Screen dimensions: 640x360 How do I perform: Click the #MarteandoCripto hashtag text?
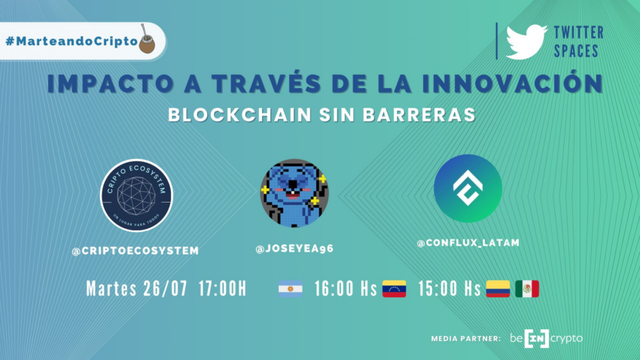pyautogui.click(x=72, y=41)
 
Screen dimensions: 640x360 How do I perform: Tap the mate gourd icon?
pyautogui.click(x=147, y=39)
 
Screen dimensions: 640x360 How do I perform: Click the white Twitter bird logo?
pyautogui.click(x=526, y=42)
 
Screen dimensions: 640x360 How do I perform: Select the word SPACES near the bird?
pyautogui.click(x=576, y=51)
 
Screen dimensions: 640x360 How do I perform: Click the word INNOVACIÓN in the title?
pyautogui.click(x=512, y=84)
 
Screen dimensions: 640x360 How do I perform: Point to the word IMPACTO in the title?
pyautogui.click(x=110, y=84)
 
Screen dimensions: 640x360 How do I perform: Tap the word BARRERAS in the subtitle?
pyautogui.click(x=419, y=114)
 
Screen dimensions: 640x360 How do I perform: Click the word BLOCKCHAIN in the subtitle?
pyautogui.click(x=240, y=114)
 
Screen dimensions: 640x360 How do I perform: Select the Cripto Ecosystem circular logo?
pyautogui.click(x=137, y=196)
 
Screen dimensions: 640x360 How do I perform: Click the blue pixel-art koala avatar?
pyautogui.click(x=294, y=193)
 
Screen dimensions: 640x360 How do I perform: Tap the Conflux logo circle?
pyautogui.click(x=468, y=188)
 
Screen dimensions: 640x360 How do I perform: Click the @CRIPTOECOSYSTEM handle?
pyautogui.click(x=135, y=251)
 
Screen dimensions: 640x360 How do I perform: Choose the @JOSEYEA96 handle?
pyautogui.click(x=294, y=249)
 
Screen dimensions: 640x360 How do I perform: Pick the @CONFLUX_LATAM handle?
pyautogui.click(x=468, y=243)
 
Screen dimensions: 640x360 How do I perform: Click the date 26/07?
pyautogui.click(x=166, y=288)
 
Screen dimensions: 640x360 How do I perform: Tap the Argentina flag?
pyautogui.click(x=290, y=288)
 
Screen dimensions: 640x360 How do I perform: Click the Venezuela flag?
pyautogui.click(x=394, y=288)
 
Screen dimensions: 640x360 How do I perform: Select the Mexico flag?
pyautogui.click(x=527, y=288)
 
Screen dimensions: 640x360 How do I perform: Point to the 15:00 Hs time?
pyautogui.click(x=449, y=288)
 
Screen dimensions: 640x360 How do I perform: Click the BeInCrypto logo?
pyautogui.click(x=546, y=338)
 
